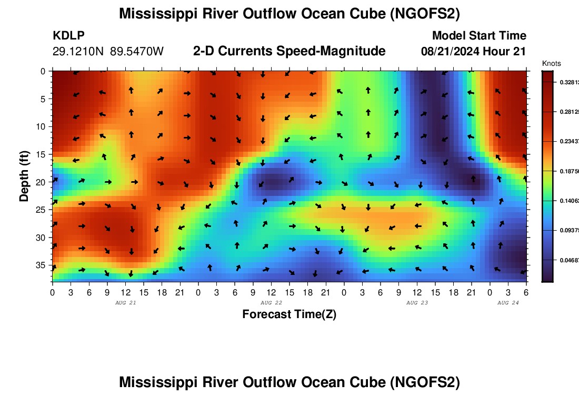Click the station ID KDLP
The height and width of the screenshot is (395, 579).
point(68,36)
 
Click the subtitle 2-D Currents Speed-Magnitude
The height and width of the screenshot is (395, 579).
point(289,51)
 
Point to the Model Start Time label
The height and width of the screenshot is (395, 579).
point(479,36)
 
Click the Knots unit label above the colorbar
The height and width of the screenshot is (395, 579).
point(551,63)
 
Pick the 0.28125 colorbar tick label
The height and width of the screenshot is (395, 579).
point(570,112)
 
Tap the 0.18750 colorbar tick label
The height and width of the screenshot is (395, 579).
point(570,172)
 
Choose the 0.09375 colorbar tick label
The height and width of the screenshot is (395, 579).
point(570,230)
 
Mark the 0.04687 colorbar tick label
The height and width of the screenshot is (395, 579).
point(570,260)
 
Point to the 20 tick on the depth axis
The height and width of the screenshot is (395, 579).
point(43,182)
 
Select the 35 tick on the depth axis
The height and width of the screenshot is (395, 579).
point(43,264)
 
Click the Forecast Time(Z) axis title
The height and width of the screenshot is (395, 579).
point(289,314)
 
